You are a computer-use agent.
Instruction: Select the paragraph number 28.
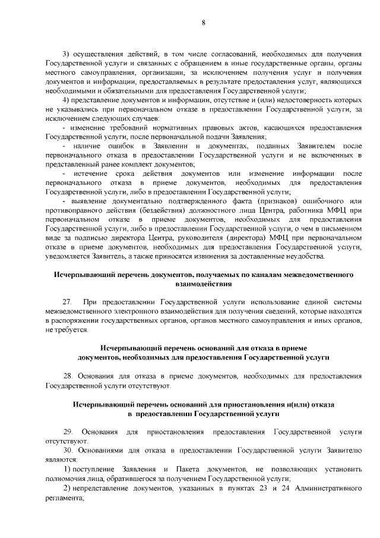tap(68, 376)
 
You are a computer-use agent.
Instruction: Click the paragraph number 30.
tap(68, 451)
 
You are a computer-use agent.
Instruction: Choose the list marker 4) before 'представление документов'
tap(66, 100)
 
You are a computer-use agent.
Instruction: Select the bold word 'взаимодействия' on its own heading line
tap(202, 284)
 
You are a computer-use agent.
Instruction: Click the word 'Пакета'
tap(192, 469)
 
